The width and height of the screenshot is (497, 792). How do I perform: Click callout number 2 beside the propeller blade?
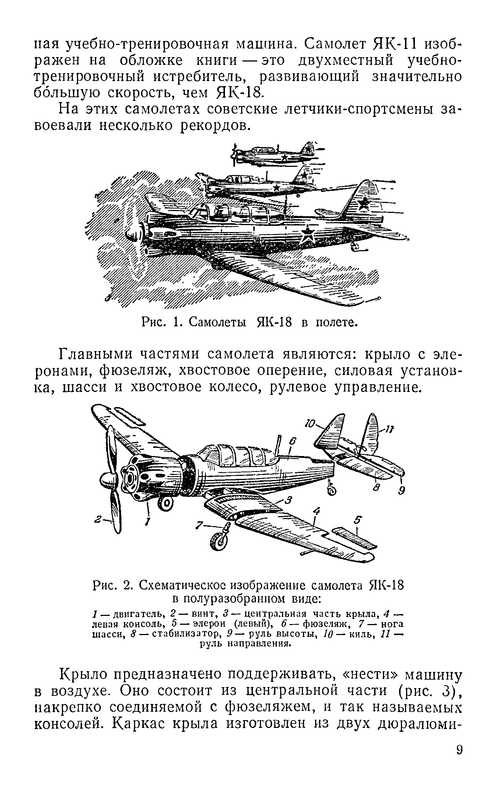click(x=98, y=519)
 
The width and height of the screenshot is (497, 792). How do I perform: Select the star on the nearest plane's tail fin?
click(x=364, y=203)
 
